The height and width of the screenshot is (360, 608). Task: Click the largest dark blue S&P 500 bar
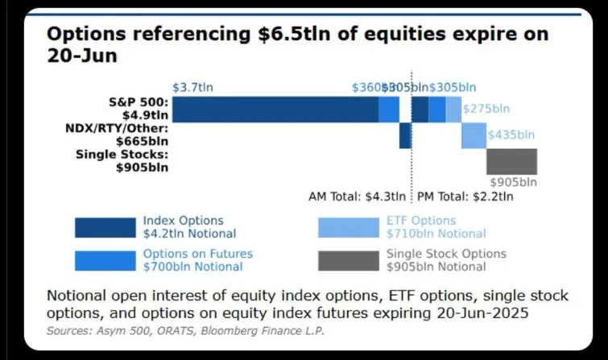(275, 109)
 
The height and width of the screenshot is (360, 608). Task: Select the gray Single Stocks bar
(511, 161)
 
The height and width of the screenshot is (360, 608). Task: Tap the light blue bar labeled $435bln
(474, 135)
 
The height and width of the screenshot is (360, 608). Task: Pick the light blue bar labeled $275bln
(453, 109)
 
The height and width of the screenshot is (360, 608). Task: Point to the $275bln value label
(487, 109)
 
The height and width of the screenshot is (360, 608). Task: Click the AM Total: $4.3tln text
(358, 196)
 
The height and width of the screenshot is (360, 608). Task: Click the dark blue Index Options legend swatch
(105, 227)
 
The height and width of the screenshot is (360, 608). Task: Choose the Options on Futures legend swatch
(105, 260)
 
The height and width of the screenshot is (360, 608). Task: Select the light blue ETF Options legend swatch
(349, 227)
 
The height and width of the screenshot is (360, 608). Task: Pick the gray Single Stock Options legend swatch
(349, 260)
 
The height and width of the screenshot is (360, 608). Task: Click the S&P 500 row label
(139, 109)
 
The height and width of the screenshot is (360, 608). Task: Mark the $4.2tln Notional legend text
(189, 234)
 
